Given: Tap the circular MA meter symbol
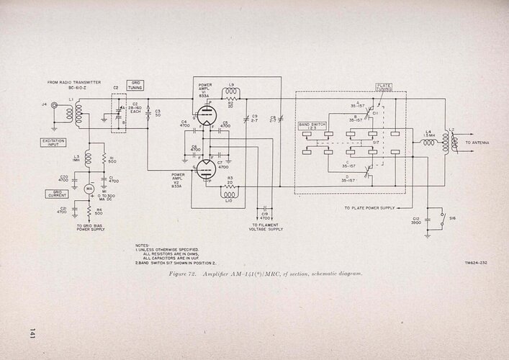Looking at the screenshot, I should (90, 188).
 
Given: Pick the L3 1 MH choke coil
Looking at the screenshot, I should (88, 158).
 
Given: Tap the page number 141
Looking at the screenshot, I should (33, 332).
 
